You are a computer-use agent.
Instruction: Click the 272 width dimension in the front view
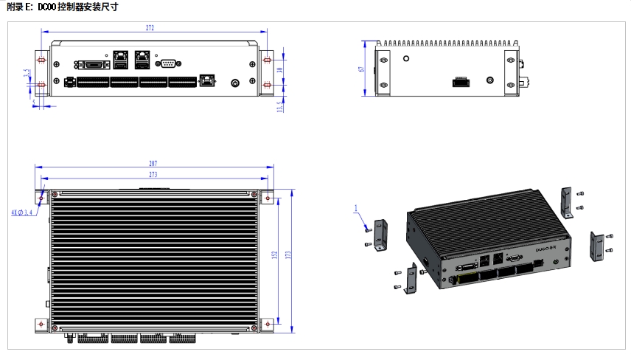click(x=150, y=28)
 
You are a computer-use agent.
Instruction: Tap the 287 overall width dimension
click(x=153, y=164)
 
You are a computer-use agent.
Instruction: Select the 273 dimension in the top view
click(x=153, y=175)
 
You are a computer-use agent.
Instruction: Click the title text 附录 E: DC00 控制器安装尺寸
click(x=62, y=7)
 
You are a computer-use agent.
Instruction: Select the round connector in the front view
click(x=236, y=83)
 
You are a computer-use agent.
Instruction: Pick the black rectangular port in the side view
click(x=461, y=81)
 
